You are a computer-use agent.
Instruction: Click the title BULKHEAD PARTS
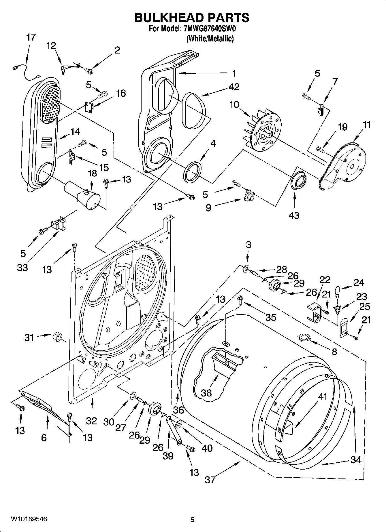click(x=192, y=18)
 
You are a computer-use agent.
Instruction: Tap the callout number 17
click(x=31, y=37)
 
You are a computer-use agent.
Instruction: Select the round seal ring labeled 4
click(x=193, y=172)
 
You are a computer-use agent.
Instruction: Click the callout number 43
click(x=294, y=215)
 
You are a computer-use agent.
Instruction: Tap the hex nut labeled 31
click(x=57, y=336)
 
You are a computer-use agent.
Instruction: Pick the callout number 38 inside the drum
click(x=206, y=393)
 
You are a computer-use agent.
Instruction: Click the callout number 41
click(x=323, y=396)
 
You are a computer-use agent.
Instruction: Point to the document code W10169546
click(x=29, y=519)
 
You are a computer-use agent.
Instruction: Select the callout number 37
click(x=210, y=480)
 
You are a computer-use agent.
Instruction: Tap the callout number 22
click(x=325, y=280)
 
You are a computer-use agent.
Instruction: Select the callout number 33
click(x=22, y=267)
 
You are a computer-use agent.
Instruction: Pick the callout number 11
click(x=366, y=125)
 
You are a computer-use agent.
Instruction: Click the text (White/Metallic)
click(x=210, y=39)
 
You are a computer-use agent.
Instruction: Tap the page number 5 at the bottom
click(x=193, y=520)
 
